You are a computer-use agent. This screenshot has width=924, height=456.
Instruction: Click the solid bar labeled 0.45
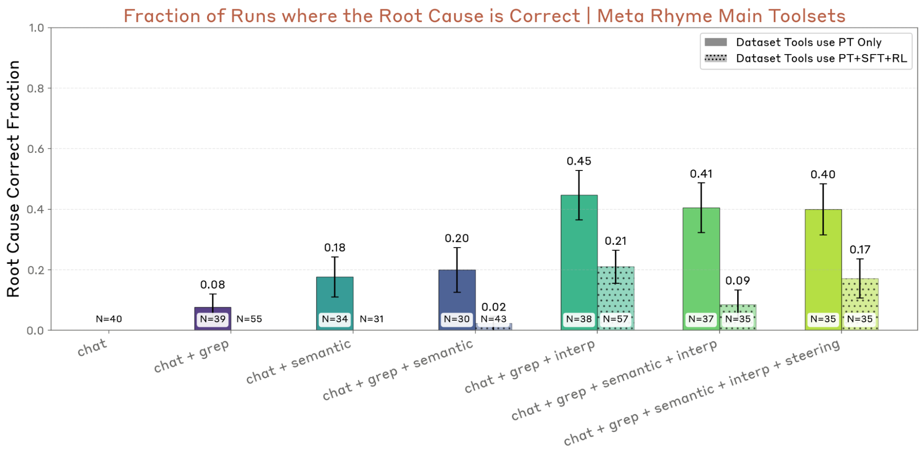click(579, 262)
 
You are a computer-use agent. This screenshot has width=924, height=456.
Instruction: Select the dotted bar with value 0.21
click(616, 298)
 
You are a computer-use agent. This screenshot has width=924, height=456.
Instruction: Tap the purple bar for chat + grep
click(213, 319)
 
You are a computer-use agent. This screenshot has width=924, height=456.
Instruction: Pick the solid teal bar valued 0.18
click(335, 304)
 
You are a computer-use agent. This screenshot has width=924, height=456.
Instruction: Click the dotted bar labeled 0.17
click(860, 304)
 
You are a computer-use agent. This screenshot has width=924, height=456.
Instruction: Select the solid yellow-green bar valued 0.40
click(823, 270)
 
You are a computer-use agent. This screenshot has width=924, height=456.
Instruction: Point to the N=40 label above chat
click(109, 319)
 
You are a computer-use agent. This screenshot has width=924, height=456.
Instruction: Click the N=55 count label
click(249, 319)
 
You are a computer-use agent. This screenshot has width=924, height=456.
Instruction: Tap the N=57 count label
click(616, 319)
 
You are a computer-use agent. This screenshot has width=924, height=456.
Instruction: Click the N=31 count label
click(372, 319)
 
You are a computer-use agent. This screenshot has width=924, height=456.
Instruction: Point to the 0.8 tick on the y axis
click(36, 88)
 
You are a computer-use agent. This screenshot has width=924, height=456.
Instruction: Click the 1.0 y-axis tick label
click(36, 28)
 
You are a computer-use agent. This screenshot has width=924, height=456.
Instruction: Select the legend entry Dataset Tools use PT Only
click(793, 42)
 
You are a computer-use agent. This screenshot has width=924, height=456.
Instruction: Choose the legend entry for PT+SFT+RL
click(806, 58)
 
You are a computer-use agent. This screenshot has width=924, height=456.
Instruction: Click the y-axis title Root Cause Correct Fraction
click(13, 178)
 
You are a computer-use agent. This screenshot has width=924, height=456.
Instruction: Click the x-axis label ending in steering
click(702, 392)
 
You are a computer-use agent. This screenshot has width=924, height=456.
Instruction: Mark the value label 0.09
click(738, 280)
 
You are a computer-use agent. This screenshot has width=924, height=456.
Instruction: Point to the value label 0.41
click(701, 174)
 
